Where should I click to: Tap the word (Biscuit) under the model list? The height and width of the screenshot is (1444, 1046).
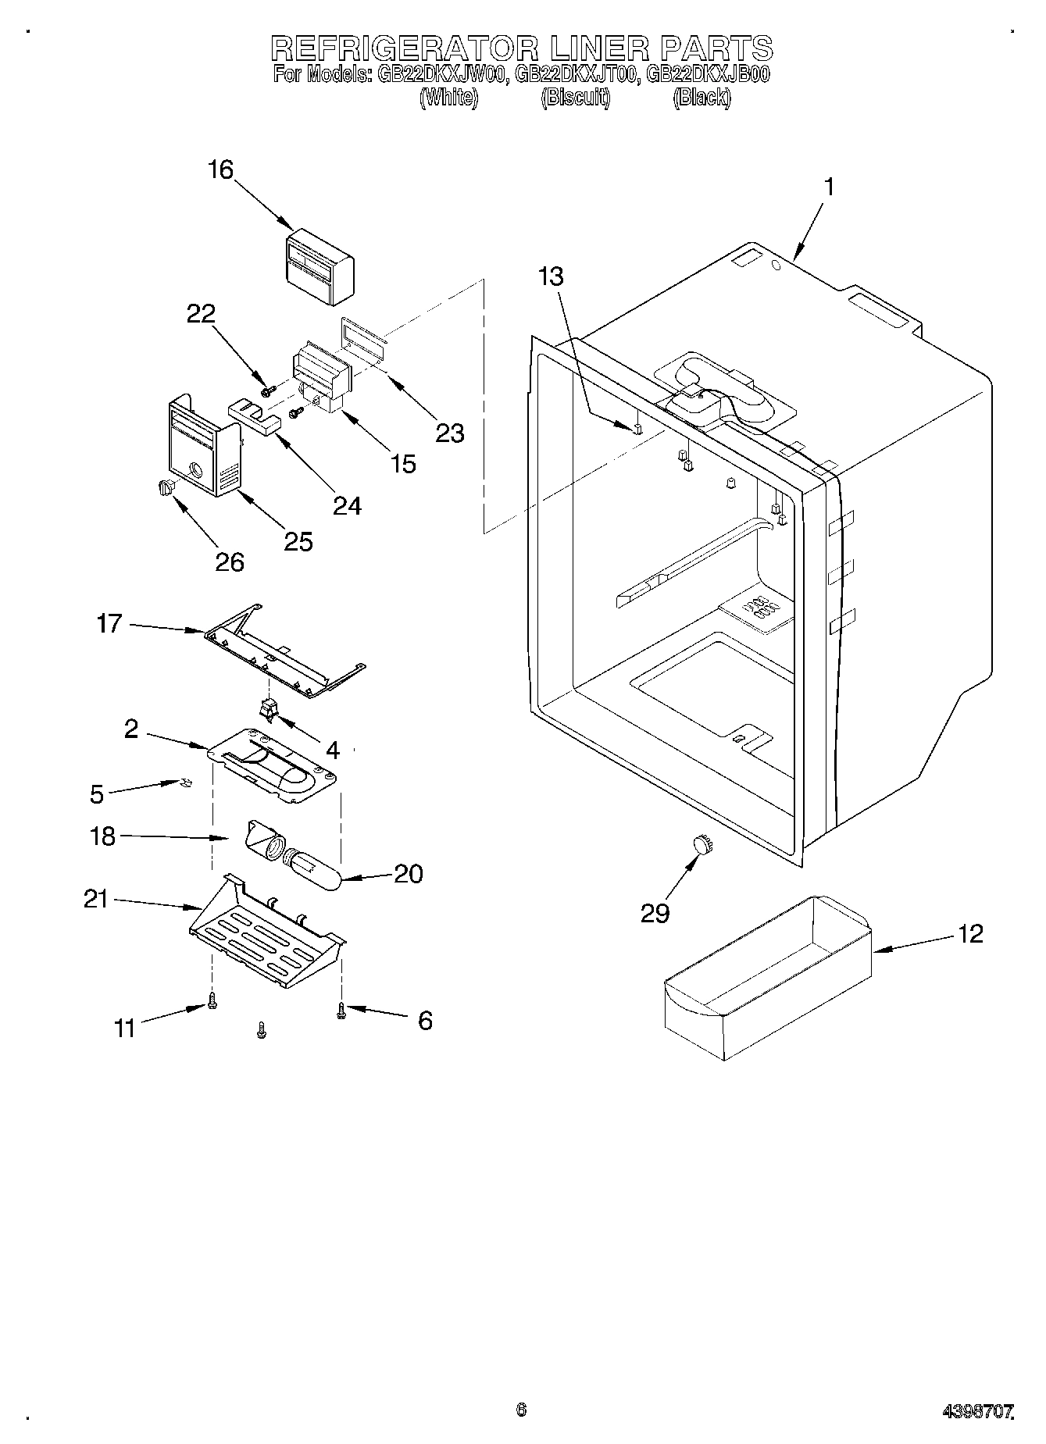pos(576,98)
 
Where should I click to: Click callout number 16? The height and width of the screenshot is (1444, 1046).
pos(221,169)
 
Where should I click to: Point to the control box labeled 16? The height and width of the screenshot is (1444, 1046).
pos(320,267)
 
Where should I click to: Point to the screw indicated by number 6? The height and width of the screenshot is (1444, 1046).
pos(341,1011)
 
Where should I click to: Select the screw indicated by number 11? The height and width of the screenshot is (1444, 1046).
pos(211,1000)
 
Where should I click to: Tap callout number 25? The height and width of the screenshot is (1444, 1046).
pos(298,540)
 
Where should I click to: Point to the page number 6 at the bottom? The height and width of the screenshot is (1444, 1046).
pos(521,1410)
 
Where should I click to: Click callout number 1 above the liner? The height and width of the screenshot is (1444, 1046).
pos(830,187)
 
